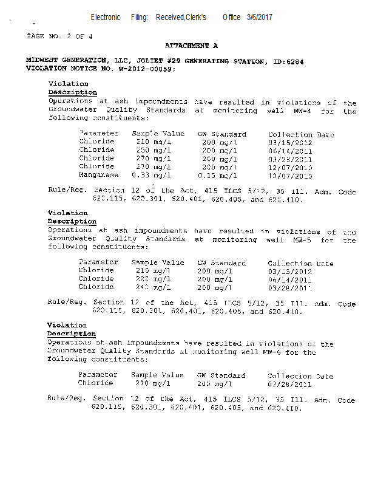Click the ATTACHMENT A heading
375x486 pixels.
[191, 46]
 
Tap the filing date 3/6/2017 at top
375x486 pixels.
[260, 17]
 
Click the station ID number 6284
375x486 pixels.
[295, 61]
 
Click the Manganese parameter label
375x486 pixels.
[98, 175]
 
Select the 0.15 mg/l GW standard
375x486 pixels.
[217, 175]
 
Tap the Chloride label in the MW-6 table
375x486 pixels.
[95, 383]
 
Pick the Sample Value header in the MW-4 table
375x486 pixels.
[158, 134]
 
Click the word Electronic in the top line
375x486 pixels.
[106, 17]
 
